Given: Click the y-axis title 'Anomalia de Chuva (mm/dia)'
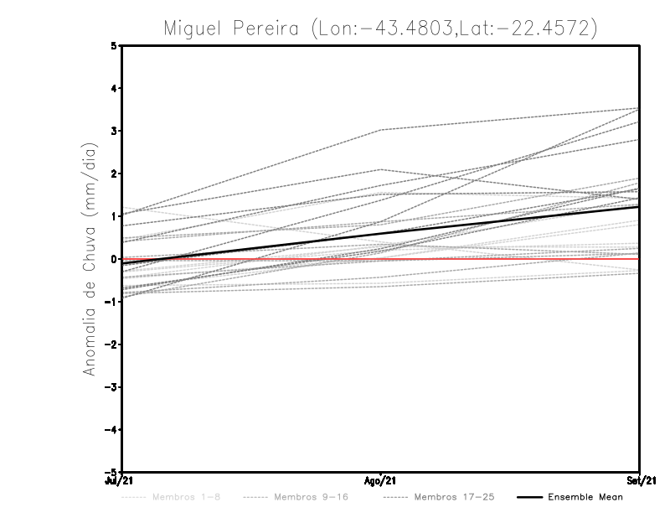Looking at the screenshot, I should tap(90, 258).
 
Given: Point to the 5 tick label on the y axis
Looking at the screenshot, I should tap(114, 45).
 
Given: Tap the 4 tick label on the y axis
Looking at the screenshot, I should tap(114, 88).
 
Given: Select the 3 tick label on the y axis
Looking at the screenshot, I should tap(114, 131).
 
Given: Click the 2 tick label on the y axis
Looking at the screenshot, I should tap(114, 174).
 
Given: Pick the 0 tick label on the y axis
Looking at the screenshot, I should tap(114, 259).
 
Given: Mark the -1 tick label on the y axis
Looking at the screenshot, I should tap(112, 302).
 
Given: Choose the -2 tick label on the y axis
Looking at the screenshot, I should tap(112, 344).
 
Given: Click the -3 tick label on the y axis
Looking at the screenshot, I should tap(112, 387).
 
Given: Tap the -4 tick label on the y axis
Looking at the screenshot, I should tap(112, 430).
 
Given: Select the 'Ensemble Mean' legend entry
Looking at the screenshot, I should tap(585, 497).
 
